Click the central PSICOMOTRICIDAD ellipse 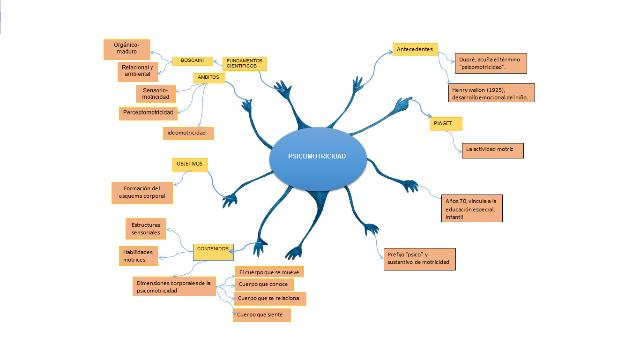click(317, 156)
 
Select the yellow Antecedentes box click(415, 49)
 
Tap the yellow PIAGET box click(446, 124)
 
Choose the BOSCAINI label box click(193, 61)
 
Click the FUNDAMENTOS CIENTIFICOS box click(245, 63)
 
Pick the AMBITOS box click(209, 78)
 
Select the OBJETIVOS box click(190, 164)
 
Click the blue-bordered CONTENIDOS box click(213, 252)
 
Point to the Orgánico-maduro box click(127, 49)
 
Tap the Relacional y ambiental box click(138, 71)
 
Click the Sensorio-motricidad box click(156, 93)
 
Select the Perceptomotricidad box click(148, 113)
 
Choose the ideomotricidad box click(188, 133)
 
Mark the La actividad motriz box click(492, 150)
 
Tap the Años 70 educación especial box click(472, 208)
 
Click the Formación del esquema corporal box click(142, 193)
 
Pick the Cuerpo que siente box click(262, 315)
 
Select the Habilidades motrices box click(138, 256)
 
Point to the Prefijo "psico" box click(419, 259)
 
